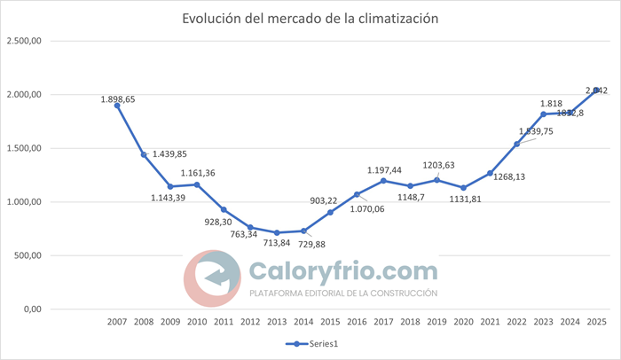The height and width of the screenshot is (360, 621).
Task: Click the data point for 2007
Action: click(117, 106)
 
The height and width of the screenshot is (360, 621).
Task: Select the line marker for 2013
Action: click(277, 232)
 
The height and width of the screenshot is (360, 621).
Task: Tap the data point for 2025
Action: click(596, 90)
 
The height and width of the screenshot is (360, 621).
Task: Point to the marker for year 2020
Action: click(463, 188)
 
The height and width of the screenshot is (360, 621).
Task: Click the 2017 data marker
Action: click(383, 181)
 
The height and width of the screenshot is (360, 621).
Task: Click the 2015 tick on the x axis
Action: click(330, 323)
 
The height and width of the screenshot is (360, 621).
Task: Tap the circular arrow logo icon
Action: click(212, 278)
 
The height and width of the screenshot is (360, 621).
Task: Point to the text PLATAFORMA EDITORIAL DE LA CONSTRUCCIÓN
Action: click(343, 293)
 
